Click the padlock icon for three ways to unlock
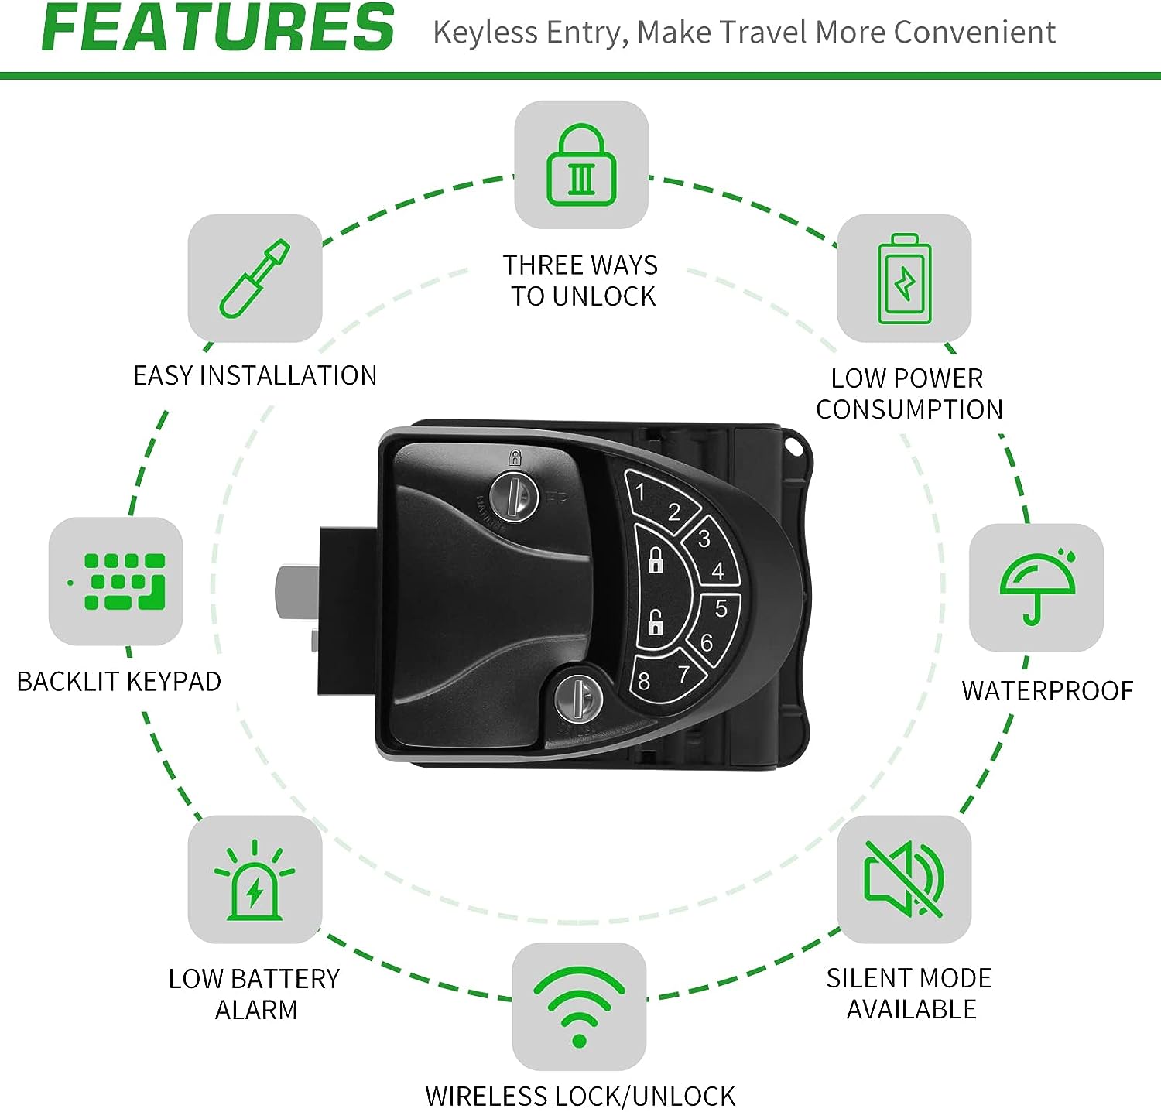pyautogui.click(x=581, y=165)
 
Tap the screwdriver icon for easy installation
pyautogui.click(x=255, y=279)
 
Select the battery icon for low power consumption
pyautogui.click(x=904, y=279)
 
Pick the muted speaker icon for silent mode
pyautogui.click(x=904, y=878)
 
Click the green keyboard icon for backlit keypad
pyautogui.click(x=118, y=580)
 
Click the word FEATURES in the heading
pyautogui.click(x=218, y=28)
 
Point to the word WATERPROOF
pyautogui.click(x=1047, y=690)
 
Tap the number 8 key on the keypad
pyautogui.click(x=644, y=681)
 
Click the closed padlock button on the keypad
pyautogui.click(x=656, y=559)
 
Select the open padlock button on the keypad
pyautogui.click(x=655, y=621)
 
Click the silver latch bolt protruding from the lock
pyautogui.click(x=297, y=594)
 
